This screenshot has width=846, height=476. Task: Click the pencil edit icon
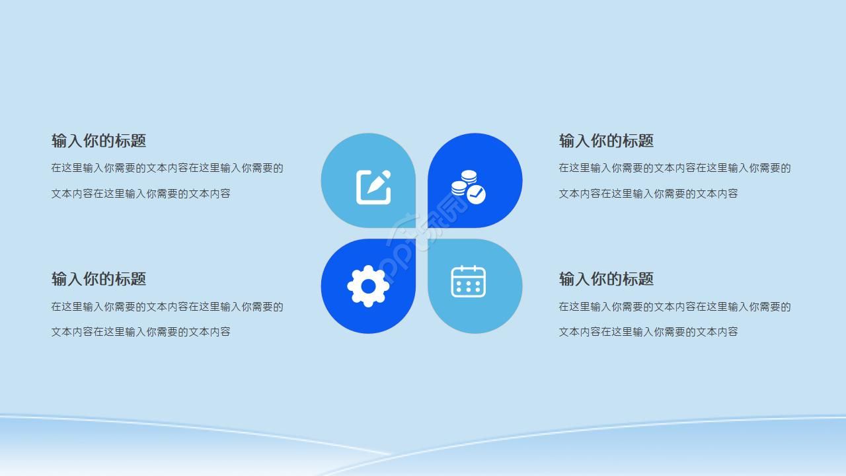[x=373, y=187]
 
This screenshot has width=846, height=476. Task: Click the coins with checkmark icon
[x=468, y=186]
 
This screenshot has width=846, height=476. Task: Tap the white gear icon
[x=368, y=286]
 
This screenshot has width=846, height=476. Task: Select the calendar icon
[x=468, y=282]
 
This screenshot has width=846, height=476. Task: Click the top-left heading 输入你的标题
[x=98, y=141]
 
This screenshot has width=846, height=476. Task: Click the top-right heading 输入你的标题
[x=606, y=141]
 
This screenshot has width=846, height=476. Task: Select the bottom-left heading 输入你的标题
[x=98, y=279]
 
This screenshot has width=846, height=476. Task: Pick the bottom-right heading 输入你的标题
[x=606, y=279]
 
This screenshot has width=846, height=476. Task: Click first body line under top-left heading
[x=167, y=168]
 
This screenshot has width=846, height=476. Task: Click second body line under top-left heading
[x=141, y=194]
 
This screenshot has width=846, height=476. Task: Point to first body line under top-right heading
[x=674, y=168]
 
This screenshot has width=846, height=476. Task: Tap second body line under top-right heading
[x=648, y=194]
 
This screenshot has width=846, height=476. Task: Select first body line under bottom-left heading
[x=167, y=307]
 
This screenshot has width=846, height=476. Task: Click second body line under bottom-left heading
[x=141, y=332]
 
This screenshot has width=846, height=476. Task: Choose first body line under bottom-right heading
[x=674, y=307]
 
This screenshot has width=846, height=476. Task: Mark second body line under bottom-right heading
[x=648, y=332]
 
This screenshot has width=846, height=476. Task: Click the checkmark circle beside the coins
[x=477, y=194]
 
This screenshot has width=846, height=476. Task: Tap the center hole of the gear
[x=368, y=286]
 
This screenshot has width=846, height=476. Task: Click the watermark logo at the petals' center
[x=422, y=233]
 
